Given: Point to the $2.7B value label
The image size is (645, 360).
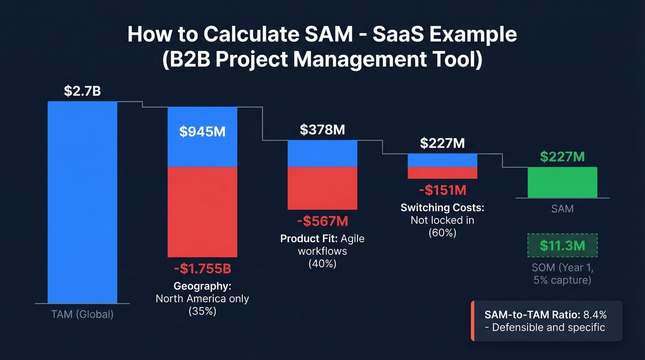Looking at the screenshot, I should pyautogui.click(x=82, y=91).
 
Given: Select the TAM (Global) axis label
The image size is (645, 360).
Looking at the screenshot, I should pyautogui.click(x=82, y=315).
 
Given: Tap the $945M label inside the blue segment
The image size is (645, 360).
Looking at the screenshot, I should pyautogui.click(x=202, y=132).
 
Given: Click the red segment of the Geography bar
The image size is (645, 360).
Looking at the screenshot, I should pyautogui.click(x=202, y=212).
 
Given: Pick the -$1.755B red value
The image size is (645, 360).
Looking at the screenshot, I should pyautogui.click(x=202, y=269).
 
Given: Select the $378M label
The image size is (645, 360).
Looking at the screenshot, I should pyautogui.click(x=322, y=130).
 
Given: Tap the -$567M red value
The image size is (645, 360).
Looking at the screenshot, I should pyautogui.click(x=322, y=222).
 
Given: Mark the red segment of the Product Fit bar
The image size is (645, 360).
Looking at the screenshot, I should pyautogui.click(x=322, y=188).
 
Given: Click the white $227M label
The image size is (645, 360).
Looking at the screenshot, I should pyautogui.click(x=442, y=143).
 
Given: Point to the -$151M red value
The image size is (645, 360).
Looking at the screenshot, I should pyautogui.click(x=442, y=189).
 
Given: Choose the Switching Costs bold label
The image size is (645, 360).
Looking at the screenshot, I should pyautogui.click(x=442, y=207).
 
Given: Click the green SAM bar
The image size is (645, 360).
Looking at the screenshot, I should pyautogui.click(x=562, y=182).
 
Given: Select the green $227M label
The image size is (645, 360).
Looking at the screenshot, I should pyautogui.click(x=562, y=157).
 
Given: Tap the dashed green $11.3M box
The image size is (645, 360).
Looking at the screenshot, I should pyautogui.click(x=562, y=246).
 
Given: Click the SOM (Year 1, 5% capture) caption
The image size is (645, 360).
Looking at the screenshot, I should pyautogui.click(x=562, y=274).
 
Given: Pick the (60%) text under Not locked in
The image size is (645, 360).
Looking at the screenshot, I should pyautogui.click(x=442, y=233).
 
